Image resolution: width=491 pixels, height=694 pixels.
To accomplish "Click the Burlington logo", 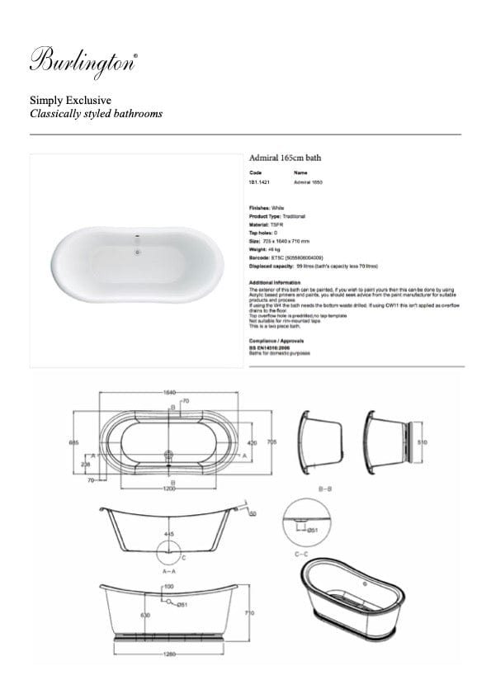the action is click(83, 63).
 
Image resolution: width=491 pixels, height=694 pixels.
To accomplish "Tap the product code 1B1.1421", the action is click(259, 182).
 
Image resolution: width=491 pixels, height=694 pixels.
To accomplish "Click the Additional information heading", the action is click(276, 282).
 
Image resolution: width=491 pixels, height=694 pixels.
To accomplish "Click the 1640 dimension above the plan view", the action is click(168, 392).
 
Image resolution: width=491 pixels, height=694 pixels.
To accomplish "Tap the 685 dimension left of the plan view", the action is click(74, 442).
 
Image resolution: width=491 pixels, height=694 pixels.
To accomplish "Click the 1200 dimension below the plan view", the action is click(169, 489).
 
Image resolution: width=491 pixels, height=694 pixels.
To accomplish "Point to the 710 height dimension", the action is click(261, 614).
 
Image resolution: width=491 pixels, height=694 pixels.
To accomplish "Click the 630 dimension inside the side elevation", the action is click(145, 615).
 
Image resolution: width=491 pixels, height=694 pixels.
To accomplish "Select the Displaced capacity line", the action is click(313, 267).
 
